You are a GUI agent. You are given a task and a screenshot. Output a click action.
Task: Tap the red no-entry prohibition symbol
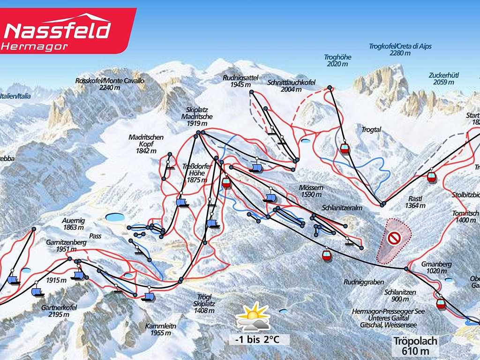click(394, 239)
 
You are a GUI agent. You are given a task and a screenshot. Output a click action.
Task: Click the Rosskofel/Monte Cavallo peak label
click(110, 84)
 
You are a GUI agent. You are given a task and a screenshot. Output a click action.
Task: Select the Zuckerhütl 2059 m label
click(442, 78)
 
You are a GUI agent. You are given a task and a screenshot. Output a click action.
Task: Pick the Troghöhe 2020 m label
click(337, 60)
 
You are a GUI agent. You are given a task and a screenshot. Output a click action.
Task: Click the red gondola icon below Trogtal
click(345, 148)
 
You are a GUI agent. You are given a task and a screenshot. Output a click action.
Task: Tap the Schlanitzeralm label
click(340, 207)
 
